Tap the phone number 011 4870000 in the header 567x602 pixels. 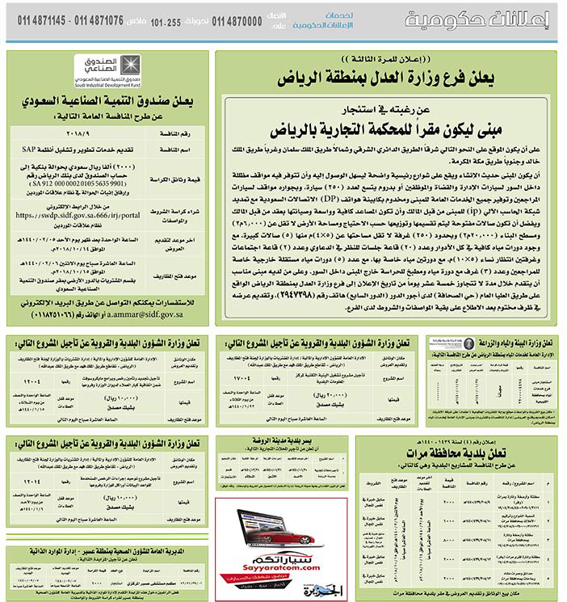tap(237, 21)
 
